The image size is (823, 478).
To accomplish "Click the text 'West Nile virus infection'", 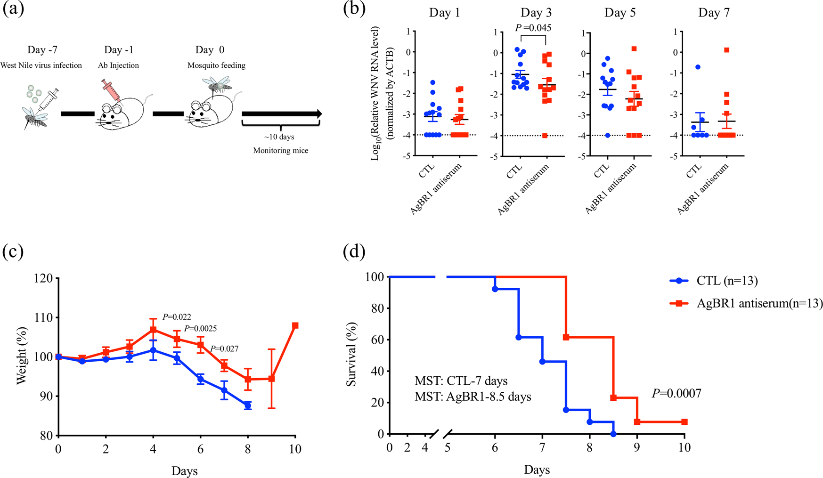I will click(x=41, y=65).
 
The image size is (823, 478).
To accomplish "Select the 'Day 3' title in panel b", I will click(x=536, y=13).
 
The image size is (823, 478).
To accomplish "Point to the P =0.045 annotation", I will click(x=533, y=28).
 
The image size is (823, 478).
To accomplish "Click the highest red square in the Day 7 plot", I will click(x=727, y=50).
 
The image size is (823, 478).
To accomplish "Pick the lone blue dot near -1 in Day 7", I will click(x=698, y=67).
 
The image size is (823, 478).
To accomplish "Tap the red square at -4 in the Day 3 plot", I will click(x=545, y=136).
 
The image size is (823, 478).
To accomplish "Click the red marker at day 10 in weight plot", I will click(x=295, y=325).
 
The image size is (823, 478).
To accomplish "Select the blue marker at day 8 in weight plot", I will click(x=248, y=405).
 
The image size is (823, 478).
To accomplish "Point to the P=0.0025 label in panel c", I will click(x=201, y=329).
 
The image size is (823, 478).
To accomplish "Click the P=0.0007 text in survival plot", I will click(x=676, y=393).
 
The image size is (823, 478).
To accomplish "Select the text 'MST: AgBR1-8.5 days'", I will click(x=473, y=397).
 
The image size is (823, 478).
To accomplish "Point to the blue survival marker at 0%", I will click(x=613, y=434).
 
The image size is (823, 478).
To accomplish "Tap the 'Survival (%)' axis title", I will click(x=352, y=355).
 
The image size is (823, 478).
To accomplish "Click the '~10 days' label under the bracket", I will click(x=279, y=137).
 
